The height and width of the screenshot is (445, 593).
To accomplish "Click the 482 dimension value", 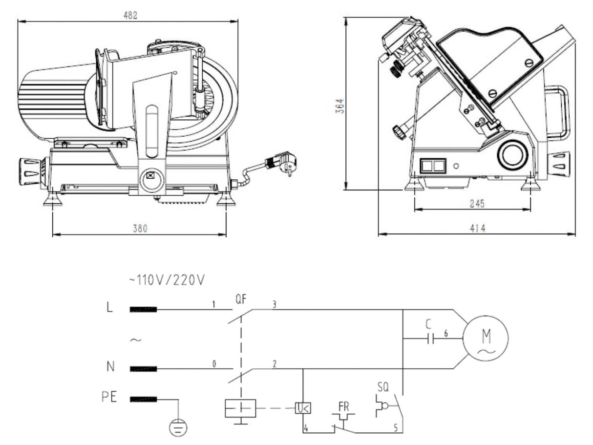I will point(130,15).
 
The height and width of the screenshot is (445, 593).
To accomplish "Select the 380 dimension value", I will point(140,228).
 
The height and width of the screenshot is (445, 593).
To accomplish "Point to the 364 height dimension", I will point(341,106).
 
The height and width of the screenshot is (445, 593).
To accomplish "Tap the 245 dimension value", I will point(477,204).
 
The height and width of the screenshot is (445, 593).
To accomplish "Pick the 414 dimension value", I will point(477,228).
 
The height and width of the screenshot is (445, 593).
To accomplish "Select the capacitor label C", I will point(428,323).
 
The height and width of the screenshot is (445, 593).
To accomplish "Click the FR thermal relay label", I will point(343,406).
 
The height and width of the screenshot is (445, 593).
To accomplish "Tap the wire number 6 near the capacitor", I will point(446,333).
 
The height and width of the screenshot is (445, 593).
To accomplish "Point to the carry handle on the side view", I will point(558,112).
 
